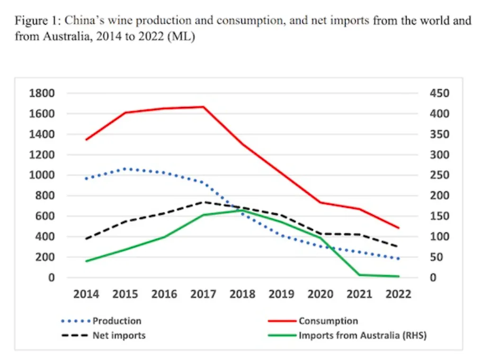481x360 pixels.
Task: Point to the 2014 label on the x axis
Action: click(x=86, y=294)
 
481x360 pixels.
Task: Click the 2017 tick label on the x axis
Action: click(x=204, y=294)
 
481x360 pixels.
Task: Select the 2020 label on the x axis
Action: click(x=321, y=294)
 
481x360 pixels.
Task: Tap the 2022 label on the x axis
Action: click(x=399, y=294)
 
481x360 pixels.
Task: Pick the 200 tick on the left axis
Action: click(x=47, y=257)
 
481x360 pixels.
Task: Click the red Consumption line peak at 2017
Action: click(x=204, y=107)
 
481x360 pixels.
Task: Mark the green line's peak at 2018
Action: click(x=242, y=210)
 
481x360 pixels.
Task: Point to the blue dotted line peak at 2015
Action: click(x=125, y=168)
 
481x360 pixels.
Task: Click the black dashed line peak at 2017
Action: click(x=204, y=202)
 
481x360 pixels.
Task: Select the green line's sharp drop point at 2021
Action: click(x=360, y=275)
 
